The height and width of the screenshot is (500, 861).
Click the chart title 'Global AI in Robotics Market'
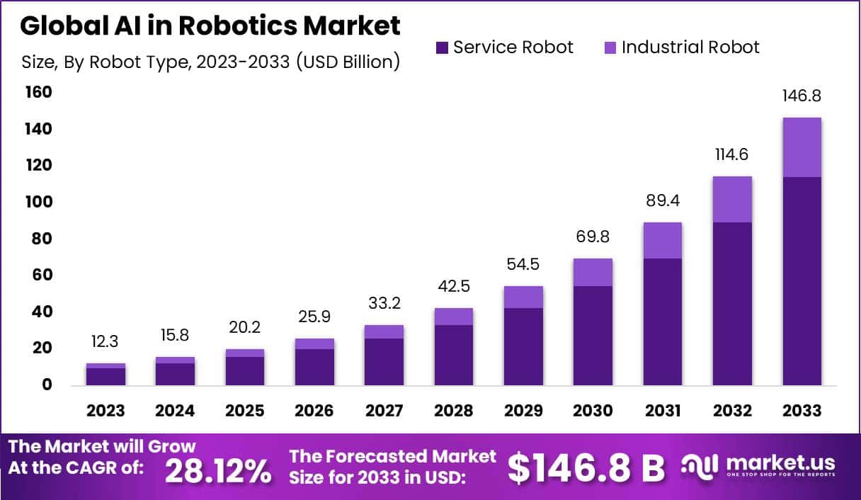pos(210,25)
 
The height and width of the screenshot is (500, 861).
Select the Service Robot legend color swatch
pos(442,47)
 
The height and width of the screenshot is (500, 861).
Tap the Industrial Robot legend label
pos(690,47)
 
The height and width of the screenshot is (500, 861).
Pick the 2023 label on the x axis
pos(106,411)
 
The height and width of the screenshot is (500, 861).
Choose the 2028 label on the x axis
pos(453,411)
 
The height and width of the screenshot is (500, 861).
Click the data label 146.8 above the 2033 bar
pos(802,96)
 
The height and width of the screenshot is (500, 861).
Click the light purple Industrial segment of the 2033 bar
pos(802,147)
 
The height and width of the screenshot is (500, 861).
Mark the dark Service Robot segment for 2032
pos(732,304)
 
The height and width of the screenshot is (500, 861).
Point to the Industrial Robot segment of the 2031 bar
pos(662,240)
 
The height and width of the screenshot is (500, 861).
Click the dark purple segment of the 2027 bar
pos(384,362)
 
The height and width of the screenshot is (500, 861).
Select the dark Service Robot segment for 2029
pos(523,346)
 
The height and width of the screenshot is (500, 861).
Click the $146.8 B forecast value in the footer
pos(587,467)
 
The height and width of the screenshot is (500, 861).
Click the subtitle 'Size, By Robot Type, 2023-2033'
pos(210,62)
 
